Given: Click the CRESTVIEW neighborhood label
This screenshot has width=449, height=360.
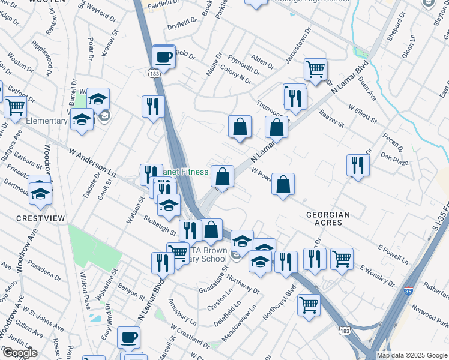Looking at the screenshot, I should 40,218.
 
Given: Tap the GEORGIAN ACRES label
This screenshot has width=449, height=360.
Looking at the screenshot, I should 328,218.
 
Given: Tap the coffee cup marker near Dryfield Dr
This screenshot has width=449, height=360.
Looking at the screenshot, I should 164,58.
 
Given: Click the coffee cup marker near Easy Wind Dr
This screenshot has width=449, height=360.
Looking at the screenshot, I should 128,338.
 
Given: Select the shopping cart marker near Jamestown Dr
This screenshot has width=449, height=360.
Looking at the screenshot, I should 315,70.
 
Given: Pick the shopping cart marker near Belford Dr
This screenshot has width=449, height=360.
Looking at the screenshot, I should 15,107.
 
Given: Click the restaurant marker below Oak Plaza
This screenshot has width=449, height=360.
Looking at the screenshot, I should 358,165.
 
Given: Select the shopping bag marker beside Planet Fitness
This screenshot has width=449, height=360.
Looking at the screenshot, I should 222,177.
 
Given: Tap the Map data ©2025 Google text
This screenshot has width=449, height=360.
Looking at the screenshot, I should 411,355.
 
